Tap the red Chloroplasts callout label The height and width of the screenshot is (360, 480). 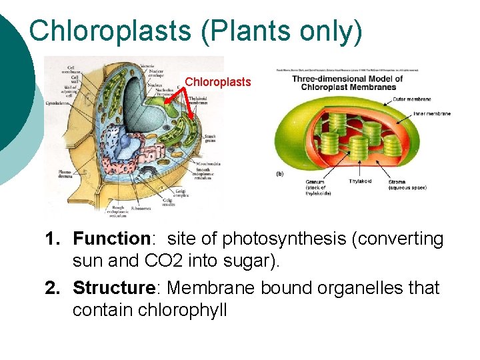pyautogui.click(x=218, y=82)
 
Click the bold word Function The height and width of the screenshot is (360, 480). pyautogui.click(x=111, y=239)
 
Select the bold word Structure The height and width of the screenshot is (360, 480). pyautogui.click(x=113, y=288)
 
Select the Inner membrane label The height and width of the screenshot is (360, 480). pyautogui.click(x=431, y=114)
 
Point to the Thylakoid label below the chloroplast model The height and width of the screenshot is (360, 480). pyautogui.click(x=361, y=181)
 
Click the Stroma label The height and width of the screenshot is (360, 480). pyautogui.click(x=397, y=181)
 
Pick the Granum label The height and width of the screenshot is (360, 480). pyautogui.click(x=315, y=182)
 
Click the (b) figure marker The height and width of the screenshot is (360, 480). pyautogui.click(x=281, y=173)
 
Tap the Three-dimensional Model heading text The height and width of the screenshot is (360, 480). pyautogui.click(x=347, y=79)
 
